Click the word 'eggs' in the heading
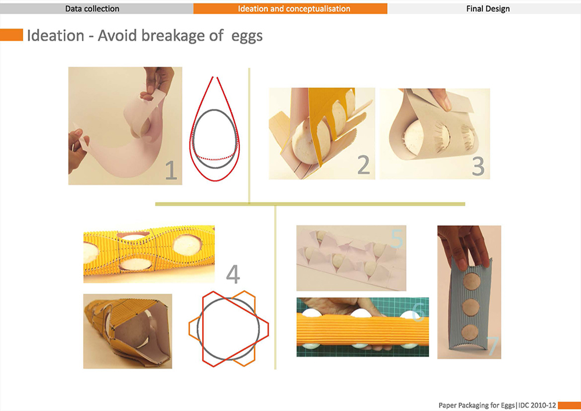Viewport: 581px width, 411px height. tap(247, 37)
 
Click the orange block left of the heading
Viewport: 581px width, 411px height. tap(12, 35)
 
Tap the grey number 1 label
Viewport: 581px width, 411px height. tap(171, 170)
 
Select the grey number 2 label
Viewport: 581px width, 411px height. tap(364, 165)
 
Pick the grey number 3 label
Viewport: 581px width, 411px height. tap(478, 166)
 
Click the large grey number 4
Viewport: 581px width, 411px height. tap(233, 274)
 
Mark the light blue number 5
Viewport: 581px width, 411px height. tap(397, 239)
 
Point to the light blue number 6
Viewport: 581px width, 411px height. tap(418, 312)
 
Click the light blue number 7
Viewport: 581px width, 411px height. tap(492, 346)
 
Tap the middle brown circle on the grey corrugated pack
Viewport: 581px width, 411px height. tap(471, 307)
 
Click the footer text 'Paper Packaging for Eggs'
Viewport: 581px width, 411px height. tap(476, 405)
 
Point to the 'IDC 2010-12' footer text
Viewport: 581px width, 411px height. tap(537, 405)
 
